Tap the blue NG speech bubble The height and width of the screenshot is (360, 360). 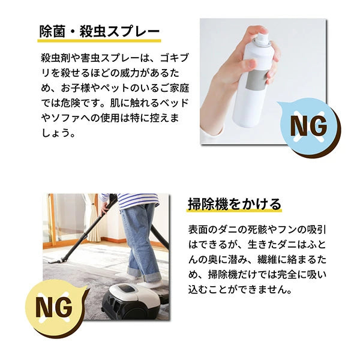tap(308, 127)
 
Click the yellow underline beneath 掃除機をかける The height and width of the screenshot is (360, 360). tap(233, 212)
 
